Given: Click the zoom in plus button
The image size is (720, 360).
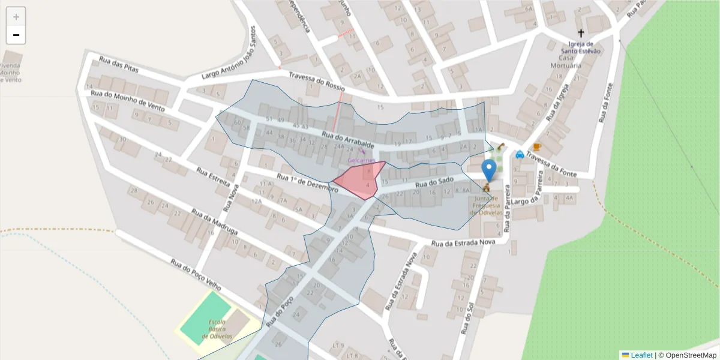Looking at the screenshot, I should point(16,17).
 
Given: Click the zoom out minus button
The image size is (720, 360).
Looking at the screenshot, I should point(16,35).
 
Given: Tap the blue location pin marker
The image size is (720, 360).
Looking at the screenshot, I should point(490,170).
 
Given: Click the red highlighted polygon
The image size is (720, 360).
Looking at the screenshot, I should point(359,180).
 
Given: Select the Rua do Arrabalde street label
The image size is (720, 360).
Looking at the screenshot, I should point(348,141).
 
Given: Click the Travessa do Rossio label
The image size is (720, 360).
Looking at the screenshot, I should point(317,80).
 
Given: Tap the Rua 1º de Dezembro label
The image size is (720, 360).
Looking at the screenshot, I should point(308,183).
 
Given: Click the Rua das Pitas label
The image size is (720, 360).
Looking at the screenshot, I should point(119,64).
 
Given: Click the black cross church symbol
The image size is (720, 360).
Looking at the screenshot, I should point(581,33).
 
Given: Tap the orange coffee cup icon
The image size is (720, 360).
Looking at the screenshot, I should point(536,147).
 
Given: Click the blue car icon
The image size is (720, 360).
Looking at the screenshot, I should point(520,154).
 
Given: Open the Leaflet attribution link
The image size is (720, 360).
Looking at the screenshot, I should point(641,355).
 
